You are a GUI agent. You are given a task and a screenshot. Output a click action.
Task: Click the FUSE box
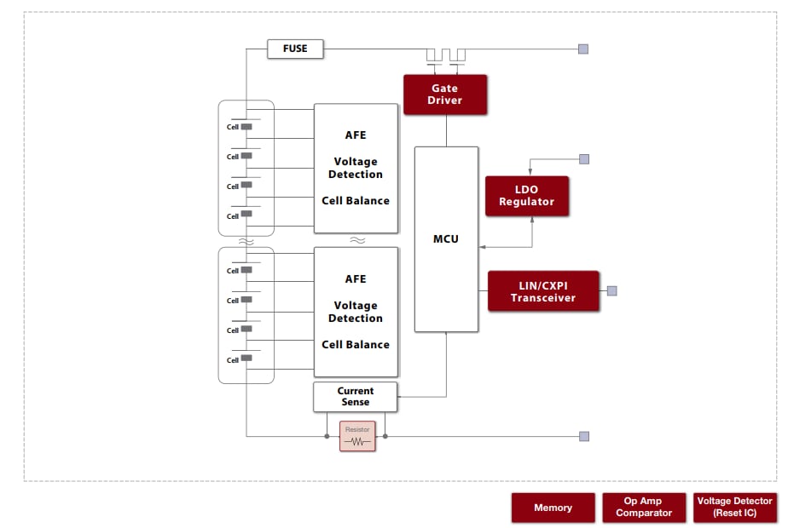(x=295, y=49)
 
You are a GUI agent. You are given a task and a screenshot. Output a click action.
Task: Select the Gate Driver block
(x=444, y=95)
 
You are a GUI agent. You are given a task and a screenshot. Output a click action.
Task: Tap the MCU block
(x=445, y=238)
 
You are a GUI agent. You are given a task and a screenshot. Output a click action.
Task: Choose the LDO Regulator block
(x=526, y=196)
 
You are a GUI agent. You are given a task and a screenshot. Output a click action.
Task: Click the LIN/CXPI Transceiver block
(x=542, y=291)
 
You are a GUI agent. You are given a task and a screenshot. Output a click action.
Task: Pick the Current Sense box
(x=355, y=397)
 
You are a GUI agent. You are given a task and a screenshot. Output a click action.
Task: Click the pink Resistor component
(x=357, y=436)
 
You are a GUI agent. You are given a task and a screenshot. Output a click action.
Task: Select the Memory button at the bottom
(x=553, y=508)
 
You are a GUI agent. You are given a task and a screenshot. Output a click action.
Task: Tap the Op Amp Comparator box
(x=644, y=507)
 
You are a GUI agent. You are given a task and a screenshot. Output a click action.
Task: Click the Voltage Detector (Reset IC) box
(x=734, y=507)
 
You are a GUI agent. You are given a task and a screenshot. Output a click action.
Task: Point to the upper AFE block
(x=356, y=168)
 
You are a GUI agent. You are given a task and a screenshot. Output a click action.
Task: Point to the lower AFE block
(x=356, y=312)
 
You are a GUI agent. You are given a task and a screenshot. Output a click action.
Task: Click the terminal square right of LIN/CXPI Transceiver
(x=611, y=291)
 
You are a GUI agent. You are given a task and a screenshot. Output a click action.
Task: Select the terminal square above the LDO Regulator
(x=584, y=158)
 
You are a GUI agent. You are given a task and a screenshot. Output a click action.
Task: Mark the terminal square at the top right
(x=583, y=49)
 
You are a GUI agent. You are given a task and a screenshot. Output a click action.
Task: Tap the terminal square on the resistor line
(x=584, y=436)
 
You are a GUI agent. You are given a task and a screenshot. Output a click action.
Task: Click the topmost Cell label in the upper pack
(x=232, y=127)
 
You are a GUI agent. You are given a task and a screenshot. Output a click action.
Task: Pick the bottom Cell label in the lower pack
(x=232, y=359)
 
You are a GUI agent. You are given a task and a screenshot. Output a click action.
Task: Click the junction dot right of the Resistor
(x=385, y=436)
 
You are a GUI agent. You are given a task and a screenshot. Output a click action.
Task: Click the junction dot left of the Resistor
(x=327, y=436)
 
